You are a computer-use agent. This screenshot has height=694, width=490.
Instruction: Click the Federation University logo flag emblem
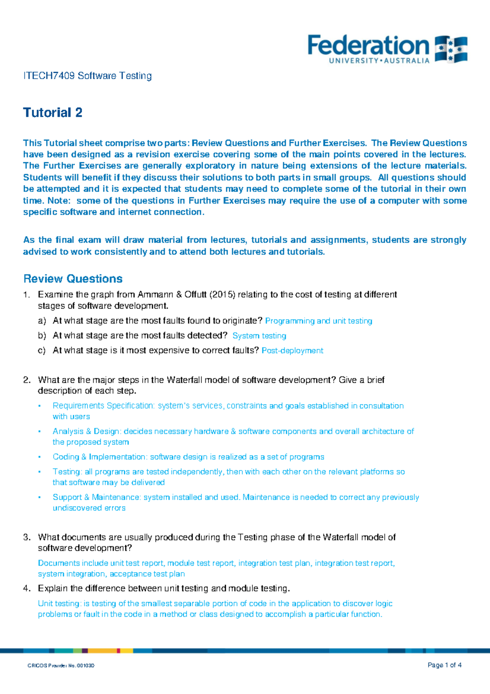point(451,49)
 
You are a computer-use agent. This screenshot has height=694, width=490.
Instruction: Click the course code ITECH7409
point(49,76)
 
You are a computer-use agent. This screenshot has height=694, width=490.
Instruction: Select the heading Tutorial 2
point(53,112)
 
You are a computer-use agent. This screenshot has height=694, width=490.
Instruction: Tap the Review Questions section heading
point(73,279)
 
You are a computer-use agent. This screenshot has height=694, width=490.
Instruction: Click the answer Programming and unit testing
point(318,321)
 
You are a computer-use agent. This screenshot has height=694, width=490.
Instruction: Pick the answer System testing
point(259,336)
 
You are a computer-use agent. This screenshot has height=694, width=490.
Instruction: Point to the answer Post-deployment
point(292,350)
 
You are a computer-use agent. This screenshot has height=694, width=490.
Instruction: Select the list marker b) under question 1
point(42,336)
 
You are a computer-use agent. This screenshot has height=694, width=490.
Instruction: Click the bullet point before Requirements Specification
point(40,406)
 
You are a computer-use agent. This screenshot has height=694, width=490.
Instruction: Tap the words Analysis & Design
point(86,431)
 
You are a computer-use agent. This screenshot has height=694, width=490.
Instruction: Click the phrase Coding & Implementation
point(99,457)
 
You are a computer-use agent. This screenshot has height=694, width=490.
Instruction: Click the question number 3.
point(27,537)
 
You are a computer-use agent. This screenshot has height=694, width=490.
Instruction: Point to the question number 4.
point(27,589)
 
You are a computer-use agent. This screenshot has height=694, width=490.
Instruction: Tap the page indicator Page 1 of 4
point(444,665)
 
